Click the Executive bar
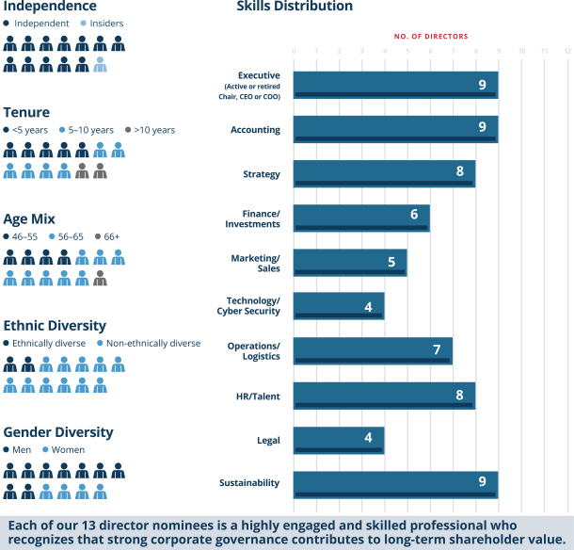point(395,85)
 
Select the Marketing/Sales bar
point(349,263)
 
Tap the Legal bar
point(338,440)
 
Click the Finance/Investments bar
point(360,218)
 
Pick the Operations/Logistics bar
point(373,351)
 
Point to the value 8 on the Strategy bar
point(459,171)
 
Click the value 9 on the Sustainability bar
point(482,481)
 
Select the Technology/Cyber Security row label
point(248,306)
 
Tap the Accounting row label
point(255,130)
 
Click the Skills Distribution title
point(295,7)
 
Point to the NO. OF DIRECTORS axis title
point(431,37)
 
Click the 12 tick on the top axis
point(566,51)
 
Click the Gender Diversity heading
point(58,432)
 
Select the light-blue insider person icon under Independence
point(100,64)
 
